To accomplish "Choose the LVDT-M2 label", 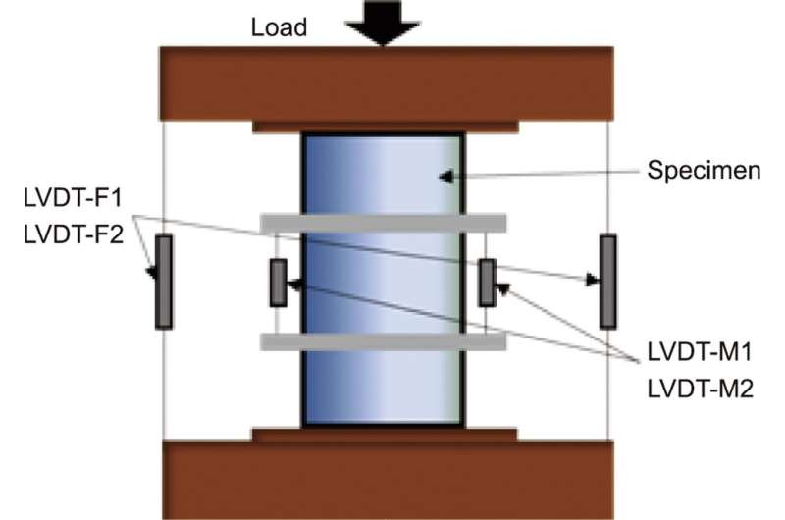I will click(699, 390).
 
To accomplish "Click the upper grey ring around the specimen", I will click(383, 223).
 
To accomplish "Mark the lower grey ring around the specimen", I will click(383, 341).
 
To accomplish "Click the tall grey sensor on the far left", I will click(163, 281).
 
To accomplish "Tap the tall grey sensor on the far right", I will click(608, 281).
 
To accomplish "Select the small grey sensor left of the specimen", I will click(278, 283).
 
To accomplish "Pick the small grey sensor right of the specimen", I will click(486, 283).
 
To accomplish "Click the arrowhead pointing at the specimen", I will click(446, 177).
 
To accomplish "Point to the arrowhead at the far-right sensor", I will click(592, 281).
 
